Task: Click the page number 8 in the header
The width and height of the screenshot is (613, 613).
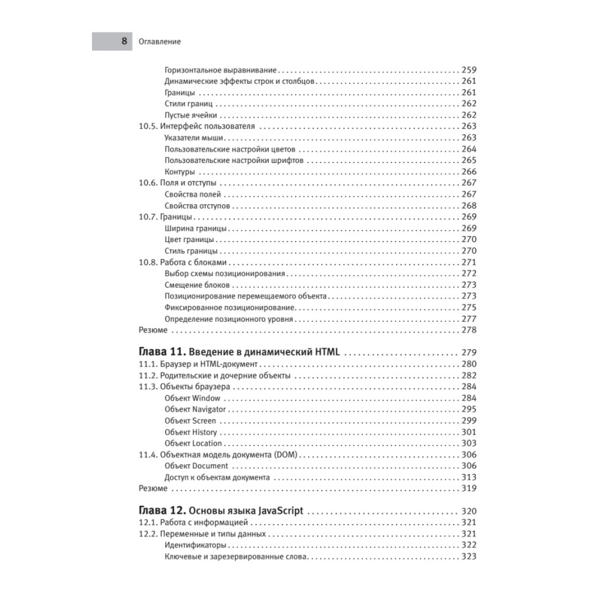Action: pyautogui.click(x=124, y=42)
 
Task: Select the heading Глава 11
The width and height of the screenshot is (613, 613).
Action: pyautogui.click(x=161, y=352)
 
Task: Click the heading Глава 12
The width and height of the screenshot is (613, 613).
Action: pyautogui.click(x=161, y=511)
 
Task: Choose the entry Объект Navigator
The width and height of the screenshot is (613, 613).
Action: pyautogui.click(x=196, y=409)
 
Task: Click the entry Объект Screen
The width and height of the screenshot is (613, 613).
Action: pyautogui.click(x=191, y=421)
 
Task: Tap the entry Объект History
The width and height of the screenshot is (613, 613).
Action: pyautogui.click(x=191, y=432)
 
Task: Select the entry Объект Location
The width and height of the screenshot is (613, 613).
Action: pyautogui.click(x=193, y=443)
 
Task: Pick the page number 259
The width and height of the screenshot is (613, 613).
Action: pyautogui.click(x=468, y=70)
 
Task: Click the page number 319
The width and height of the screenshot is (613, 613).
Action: pyautogui.click(x=468, y=489)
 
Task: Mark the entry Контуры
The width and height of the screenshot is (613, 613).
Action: pyautogui.click(x=180, y=172)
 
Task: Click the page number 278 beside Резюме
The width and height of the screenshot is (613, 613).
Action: pyautogui.click(x=468, y=330)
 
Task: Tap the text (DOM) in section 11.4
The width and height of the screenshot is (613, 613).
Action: pyautogui.click(x=286, y=455)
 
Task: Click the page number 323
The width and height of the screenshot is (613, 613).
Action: pyautogui.click(x=468, y=557)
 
